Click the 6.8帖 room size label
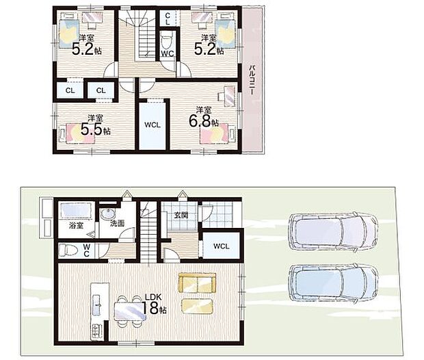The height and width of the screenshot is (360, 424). point(204,122)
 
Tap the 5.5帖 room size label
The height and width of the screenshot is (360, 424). point(96,130)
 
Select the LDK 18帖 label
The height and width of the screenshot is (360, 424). point(154,305)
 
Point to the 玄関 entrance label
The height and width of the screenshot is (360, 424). point(181,216)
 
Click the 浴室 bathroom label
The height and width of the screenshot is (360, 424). point(76,225)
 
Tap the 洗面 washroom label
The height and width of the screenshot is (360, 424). point(118,224)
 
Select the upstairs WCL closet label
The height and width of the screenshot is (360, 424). point(153,125)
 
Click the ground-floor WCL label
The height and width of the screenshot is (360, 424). point(221,246)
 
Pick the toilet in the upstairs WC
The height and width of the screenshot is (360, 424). point(165,41)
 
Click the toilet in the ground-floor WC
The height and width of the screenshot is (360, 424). point(66,249)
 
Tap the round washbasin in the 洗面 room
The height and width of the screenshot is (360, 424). point(108,214)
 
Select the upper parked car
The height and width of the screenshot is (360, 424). point(333,231)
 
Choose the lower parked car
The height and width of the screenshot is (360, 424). point(333,283)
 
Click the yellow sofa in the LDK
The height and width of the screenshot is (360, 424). point(197,283)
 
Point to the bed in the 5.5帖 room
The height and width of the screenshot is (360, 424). point(77,133)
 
